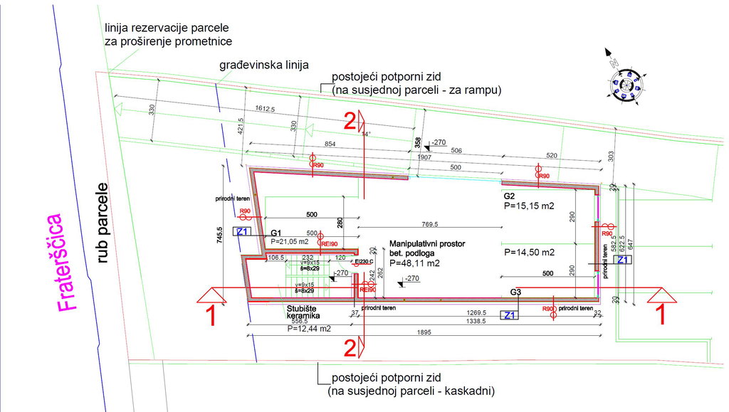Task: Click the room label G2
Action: [x=510, y=195]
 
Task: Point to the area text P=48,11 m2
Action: [x=414, y=263]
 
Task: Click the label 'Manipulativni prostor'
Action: [x=427, y=243]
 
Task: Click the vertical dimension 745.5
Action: [x=220, y=235]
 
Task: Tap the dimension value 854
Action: [x=330, y=144]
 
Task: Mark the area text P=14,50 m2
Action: [x=529, y=252]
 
